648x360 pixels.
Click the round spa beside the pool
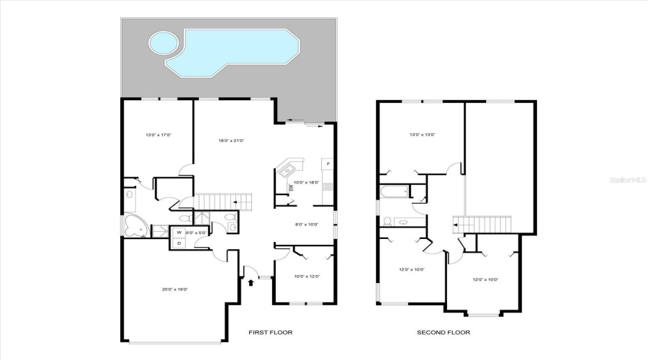point(163,43)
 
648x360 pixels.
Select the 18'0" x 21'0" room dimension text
point(231,140)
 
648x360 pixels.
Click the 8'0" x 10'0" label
point(307,225)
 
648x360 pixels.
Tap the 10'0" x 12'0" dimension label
point(306,277)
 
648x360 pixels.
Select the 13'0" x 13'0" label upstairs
point(422,135)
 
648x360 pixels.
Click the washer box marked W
point(179,233)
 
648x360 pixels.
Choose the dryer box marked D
point(179,243)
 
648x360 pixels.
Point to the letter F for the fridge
point(328,164)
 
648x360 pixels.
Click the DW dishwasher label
point(291,188)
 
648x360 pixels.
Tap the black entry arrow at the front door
point(251,283)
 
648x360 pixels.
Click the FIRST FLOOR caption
point(271,333)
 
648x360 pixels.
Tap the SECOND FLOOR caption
point(444,333)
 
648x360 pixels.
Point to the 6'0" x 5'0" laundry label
point(197,233)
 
